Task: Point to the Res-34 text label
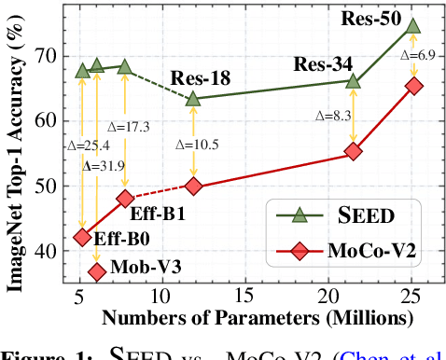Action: (324, 64)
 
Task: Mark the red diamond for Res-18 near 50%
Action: (194, 186)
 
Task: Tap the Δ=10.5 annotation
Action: (195, 144)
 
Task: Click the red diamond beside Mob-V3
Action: (96, 271)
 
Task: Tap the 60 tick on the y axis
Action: (50, 119)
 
